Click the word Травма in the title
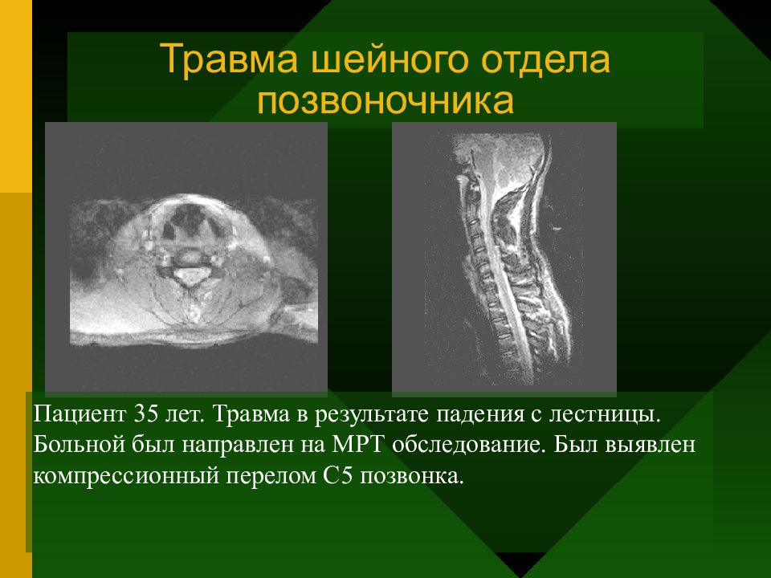(229, 59)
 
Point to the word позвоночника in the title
(385, 101)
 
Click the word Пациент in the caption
(80, 414)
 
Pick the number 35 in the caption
(145, 414)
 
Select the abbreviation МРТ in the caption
(357, 444)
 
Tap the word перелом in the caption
(271, 477)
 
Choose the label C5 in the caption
(338, 475)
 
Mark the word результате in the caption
(372, 415)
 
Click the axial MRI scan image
(186, 258)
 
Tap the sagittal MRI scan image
(504, 258)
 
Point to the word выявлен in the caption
(650, 445)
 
